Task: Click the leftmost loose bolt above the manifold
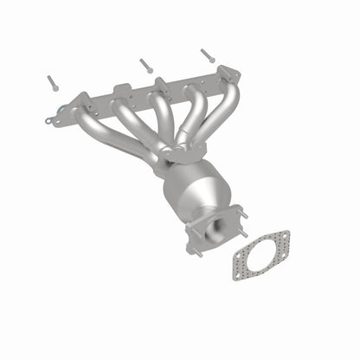[x=52, y=82]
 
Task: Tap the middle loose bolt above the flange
[x=146, y=63]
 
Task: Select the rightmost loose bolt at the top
[x=207, y=55]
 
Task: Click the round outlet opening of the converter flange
[x=215, y=231]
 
